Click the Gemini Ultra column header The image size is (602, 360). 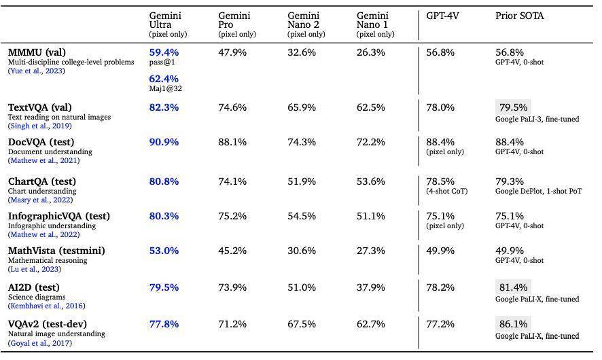tap(168, 24)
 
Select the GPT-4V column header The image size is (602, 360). tap(442, 16)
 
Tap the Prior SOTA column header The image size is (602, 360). tap(520, 16)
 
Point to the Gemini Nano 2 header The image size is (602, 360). tap(306, 24)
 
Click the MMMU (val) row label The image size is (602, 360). tap(37, 52)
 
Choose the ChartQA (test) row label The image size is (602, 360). tap(42, 181)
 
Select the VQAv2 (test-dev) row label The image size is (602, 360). tap(48, 324)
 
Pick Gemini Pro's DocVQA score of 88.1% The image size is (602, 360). tap(232, 142)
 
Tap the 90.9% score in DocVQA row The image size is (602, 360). tap(164, 142)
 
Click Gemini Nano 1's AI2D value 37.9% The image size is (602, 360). tap(370, 287)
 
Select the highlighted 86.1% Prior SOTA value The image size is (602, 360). tap(513, 324)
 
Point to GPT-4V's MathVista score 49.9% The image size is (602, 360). tap(440, 251)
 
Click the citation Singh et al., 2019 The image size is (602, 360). tap(40, 126)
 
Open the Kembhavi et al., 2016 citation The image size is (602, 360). tap(47, 306)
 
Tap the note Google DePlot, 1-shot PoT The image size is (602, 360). tap(538, 191)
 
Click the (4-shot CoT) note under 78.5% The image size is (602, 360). tap(447, 191)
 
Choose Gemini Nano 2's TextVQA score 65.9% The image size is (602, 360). tap(302, 107)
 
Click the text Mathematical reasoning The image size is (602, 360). tap(48, 260)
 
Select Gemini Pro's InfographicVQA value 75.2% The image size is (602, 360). tap(232, 216)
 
